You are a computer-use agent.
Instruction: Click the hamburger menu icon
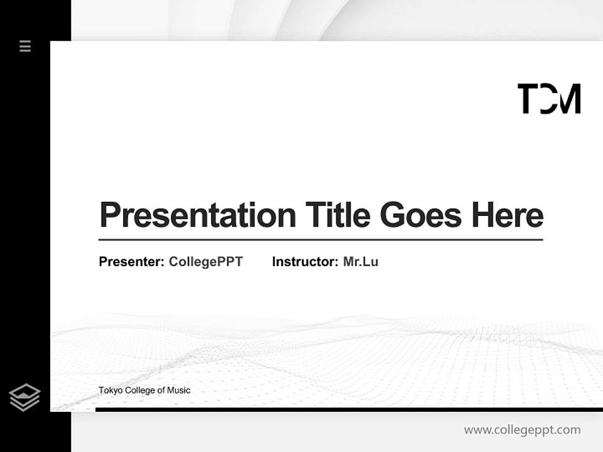pos(25,46)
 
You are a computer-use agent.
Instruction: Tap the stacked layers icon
pos(24,397)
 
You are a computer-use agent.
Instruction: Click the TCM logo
pos(549,99)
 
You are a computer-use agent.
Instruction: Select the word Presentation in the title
pos(198,215)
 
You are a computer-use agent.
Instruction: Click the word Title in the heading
pos(338,215)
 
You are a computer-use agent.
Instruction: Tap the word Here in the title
pos(508,215)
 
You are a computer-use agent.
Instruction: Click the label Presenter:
pos(132,262)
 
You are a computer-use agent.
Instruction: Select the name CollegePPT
pos(205,262)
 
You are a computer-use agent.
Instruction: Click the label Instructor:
pos(305,262)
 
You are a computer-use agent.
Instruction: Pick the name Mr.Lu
pos(361,262)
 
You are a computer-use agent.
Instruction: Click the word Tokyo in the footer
pos(111,390)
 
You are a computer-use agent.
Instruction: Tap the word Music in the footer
pos(178,390)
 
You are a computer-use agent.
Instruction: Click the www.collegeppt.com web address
pos(522,430)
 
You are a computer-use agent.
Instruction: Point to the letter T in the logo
pos(528,99)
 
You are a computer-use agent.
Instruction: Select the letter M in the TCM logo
pos(568,99)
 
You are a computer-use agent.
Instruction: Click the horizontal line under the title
pos(320,240)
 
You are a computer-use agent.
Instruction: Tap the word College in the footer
pos(139,390)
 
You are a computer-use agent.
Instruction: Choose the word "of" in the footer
pos(161,390)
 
